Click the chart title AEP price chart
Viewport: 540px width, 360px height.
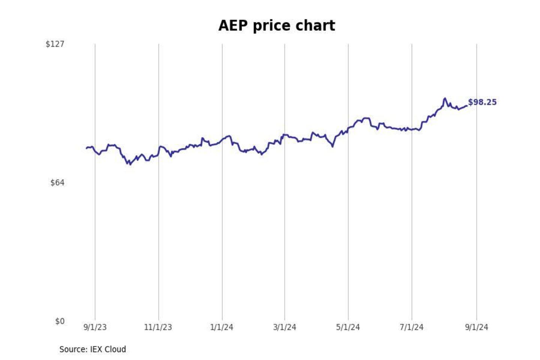276,26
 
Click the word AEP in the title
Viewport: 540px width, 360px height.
233,26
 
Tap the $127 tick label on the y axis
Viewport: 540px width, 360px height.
55,44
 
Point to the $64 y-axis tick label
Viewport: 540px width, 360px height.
57,183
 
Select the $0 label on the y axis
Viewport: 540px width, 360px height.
60,321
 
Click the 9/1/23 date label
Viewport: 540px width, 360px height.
95,327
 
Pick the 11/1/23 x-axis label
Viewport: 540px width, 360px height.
158,327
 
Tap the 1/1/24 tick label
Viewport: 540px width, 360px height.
222,327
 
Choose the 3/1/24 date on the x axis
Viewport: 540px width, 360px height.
285,327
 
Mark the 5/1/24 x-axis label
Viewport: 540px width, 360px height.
348,327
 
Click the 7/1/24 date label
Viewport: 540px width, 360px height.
411,327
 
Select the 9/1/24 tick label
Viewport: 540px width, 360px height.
477,327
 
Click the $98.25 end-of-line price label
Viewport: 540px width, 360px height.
482,102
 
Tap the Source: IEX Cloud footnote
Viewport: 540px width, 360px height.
93,349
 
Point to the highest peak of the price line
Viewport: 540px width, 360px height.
445,98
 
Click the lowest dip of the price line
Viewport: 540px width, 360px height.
130,164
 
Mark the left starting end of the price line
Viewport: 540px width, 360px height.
86,148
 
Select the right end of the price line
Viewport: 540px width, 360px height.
466,106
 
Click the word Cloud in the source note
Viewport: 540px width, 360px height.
115,349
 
